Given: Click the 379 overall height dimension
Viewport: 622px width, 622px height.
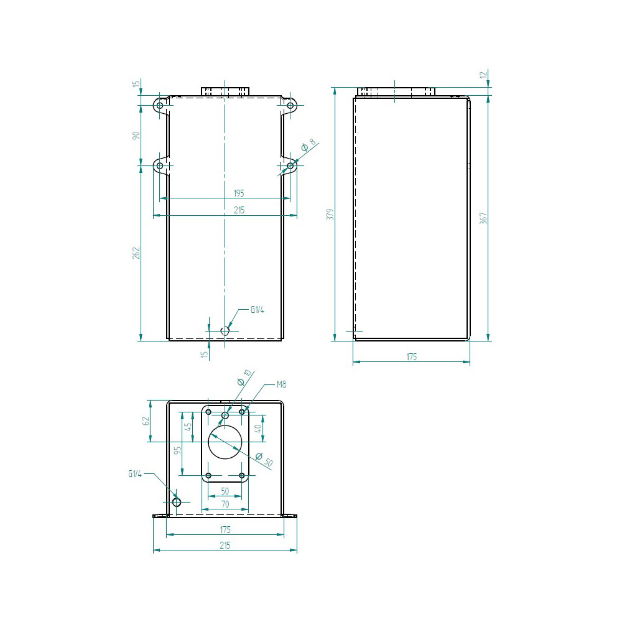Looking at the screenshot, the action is [330, 214].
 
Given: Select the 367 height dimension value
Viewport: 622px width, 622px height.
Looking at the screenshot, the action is [483, 218].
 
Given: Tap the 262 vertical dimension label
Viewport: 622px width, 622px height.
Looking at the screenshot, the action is [136, 253].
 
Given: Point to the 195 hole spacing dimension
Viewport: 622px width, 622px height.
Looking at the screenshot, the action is [239, 193].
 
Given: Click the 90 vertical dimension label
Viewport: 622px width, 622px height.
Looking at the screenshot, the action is [136, 136].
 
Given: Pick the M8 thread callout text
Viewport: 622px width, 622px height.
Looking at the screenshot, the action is [281, 384].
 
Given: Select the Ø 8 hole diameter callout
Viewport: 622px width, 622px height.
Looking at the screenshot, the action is [309, 145].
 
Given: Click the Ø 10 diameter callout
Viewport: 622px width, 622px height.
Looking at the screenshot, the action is [244, 378].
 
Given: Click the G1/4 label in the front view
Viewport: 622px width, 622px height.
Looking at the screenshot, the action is [258, 310].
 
